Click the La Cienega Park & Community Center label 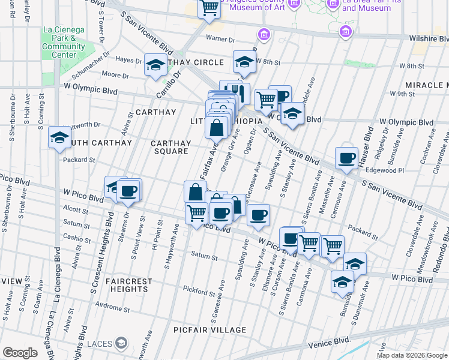click(x=63, y=41)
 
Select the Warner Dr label click(x=220, y=40)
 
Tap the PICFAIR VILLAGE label click(x=210, y=330)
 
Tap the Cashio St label click(x=76, y=238)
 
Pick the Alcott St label click(x=76, y=211)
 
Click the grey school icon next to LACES click(x=121, y=343)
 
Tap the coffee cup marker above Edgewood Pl click(x=346, y=158)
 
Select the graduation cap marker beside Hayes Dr click(x=155, y=65)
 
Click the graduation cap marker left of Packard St click(x=60, y=138)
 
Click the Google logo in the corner click(x=20, y=353)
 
